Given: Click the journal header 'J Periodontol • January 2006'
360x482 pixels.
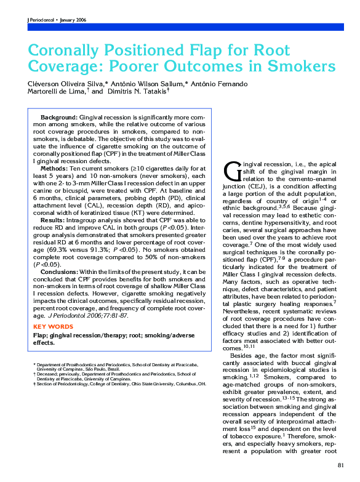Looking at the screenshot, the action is point(57,20).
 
